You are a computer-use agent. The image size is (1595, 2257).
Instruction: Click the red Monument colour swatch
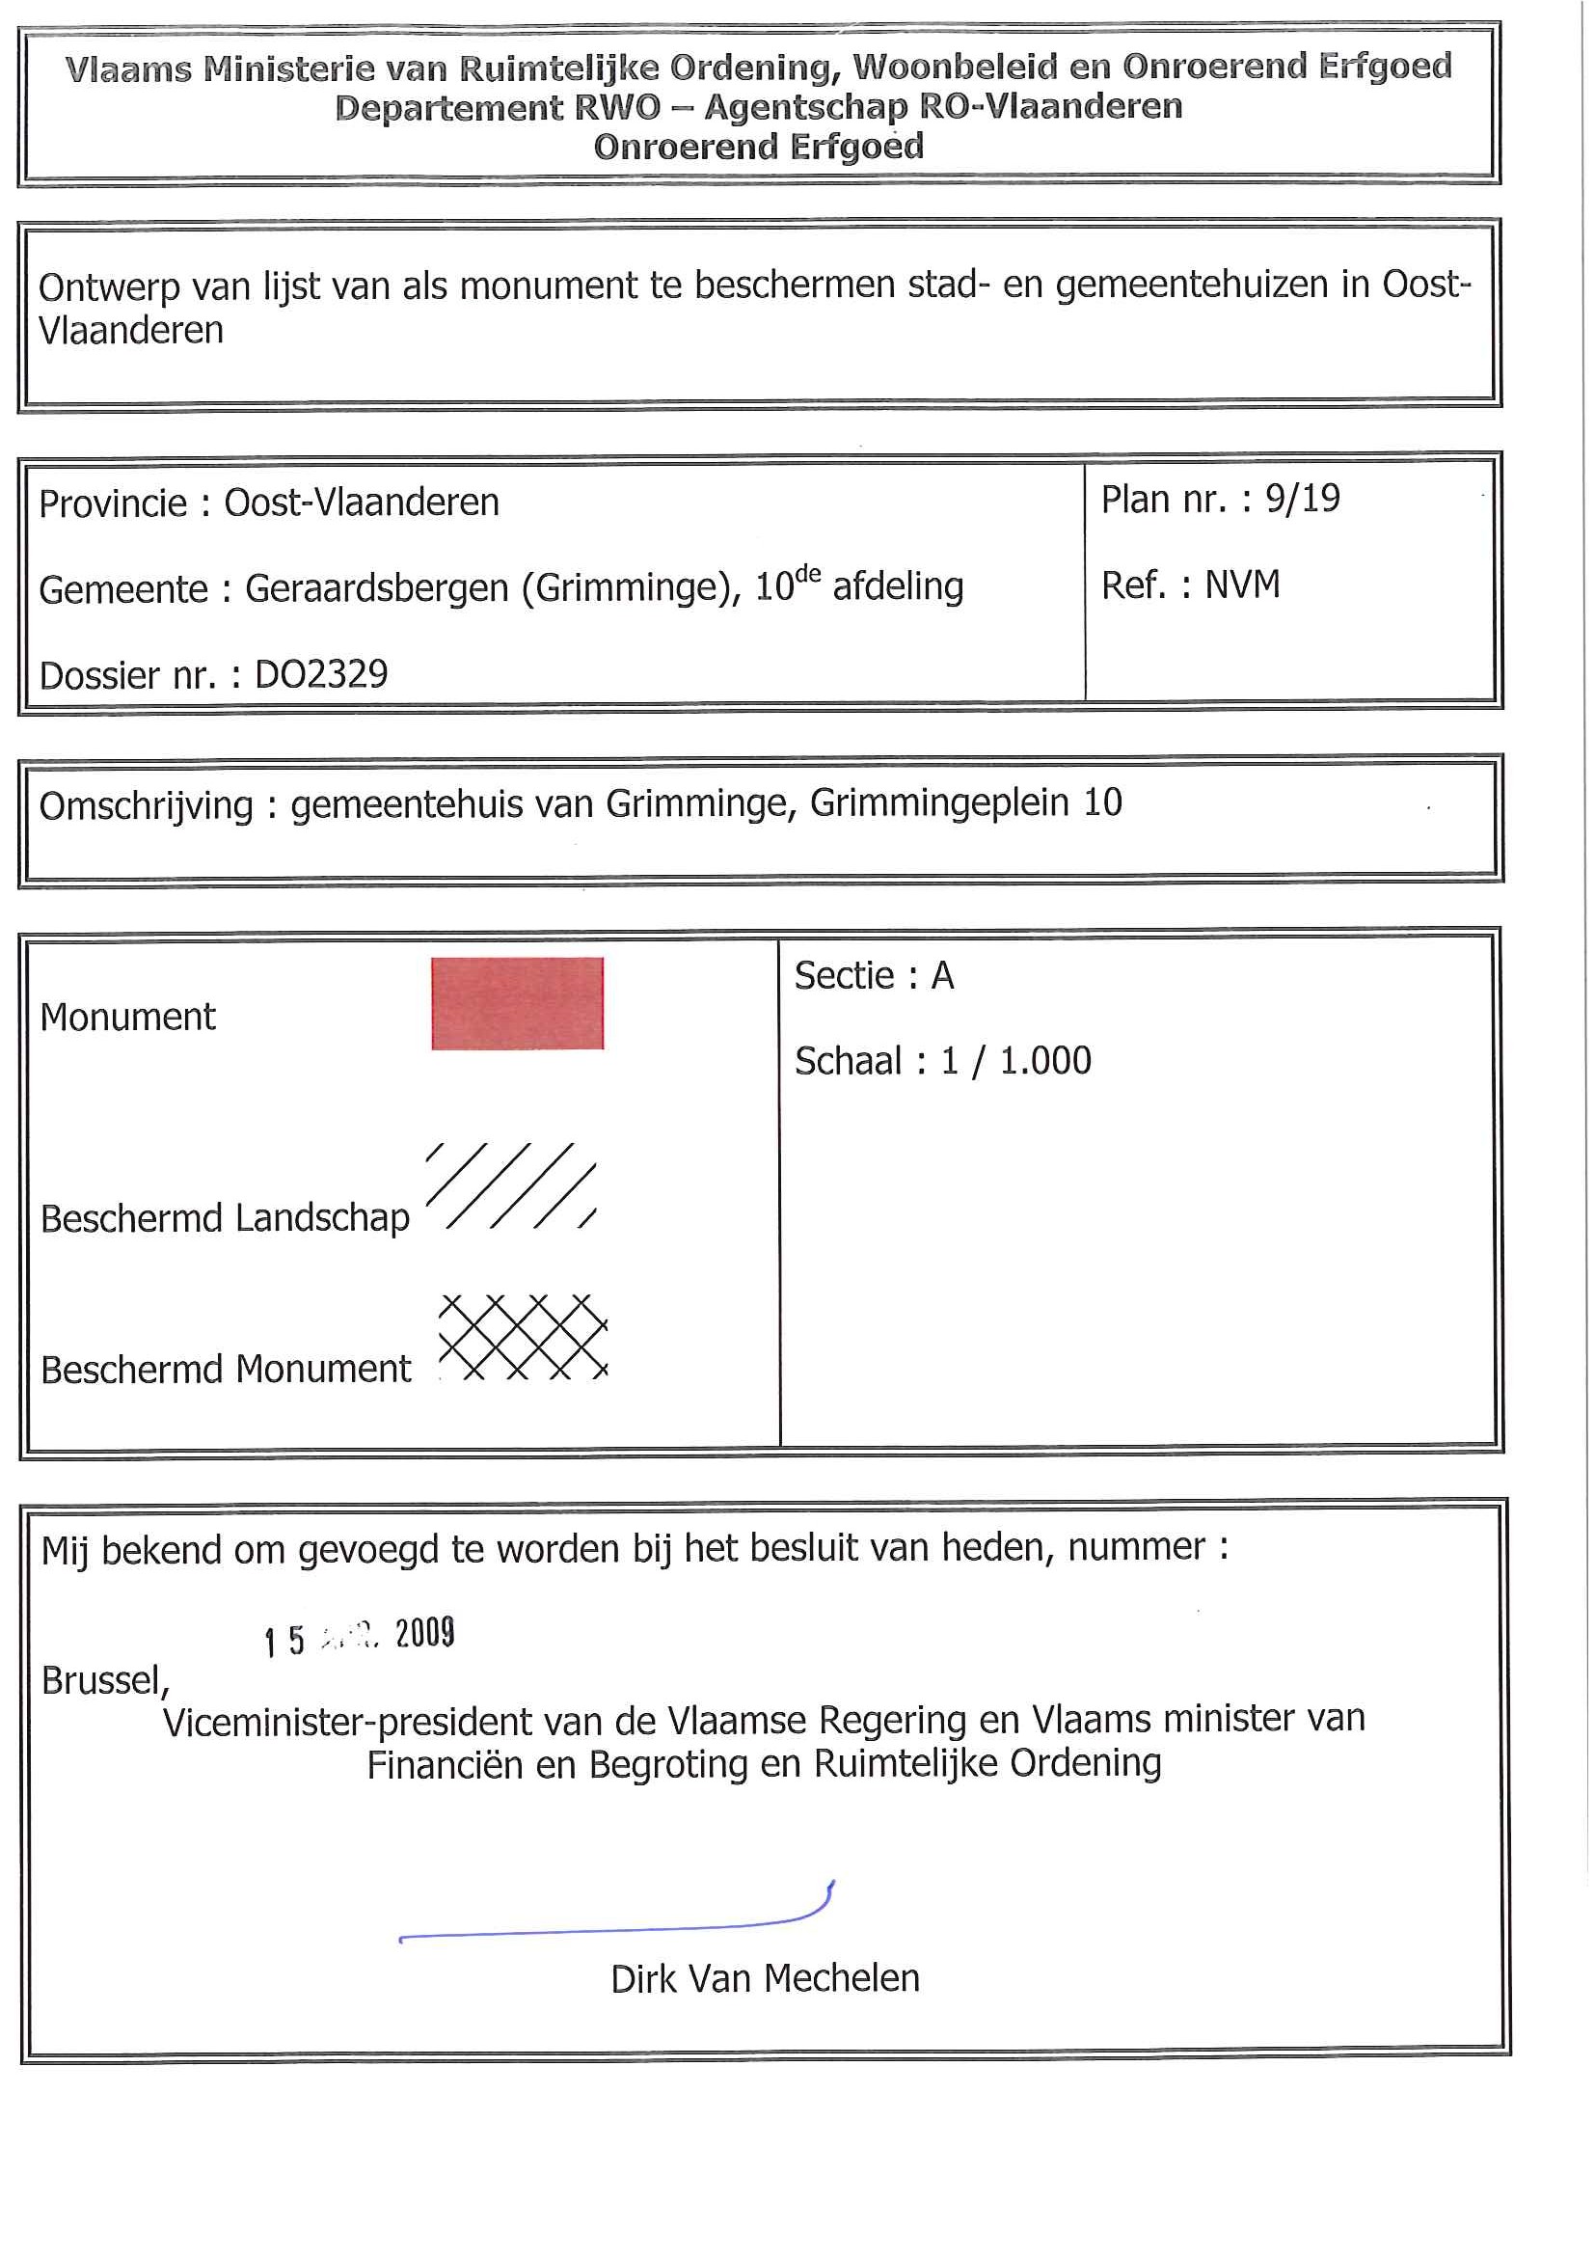(517, 1003)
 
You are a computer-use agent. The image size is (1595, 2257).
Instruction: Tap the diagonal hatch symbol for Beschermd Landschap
(511, 1185)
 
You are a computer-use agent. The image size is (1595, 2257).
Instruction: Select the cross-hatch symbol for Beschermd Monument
(523, 1337)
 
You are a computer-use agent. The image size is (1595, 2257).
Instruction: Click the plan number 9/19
(1302, 499)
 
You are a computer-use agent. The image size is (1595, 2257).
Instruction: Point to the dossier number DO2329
(321, 674)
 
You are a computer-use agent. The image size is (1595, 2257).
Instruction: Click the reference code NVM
(1242, 585)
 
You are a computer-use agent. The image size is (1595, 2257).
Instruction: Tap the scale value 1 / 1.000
(1016, 1061)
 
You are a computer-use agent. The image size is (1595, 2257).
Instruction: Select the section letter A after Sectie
(942, 975)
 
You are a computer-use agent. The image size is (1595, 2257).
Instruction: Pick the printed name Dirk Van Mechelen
(765, 1978)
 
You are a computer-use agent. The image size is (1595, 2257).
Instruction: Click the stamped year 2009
(424, 1633)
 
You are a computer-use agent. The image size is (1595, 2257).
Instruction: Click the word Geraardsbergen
(377, 587)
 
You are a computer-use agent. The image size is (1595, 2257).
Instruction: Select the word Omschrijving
(146, 806)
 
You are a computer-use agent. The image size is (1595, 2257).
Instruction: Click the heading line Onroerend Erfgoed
(759, 147)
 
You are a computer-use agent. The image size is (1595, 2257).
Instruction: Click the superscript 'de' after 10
(807, 573)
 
